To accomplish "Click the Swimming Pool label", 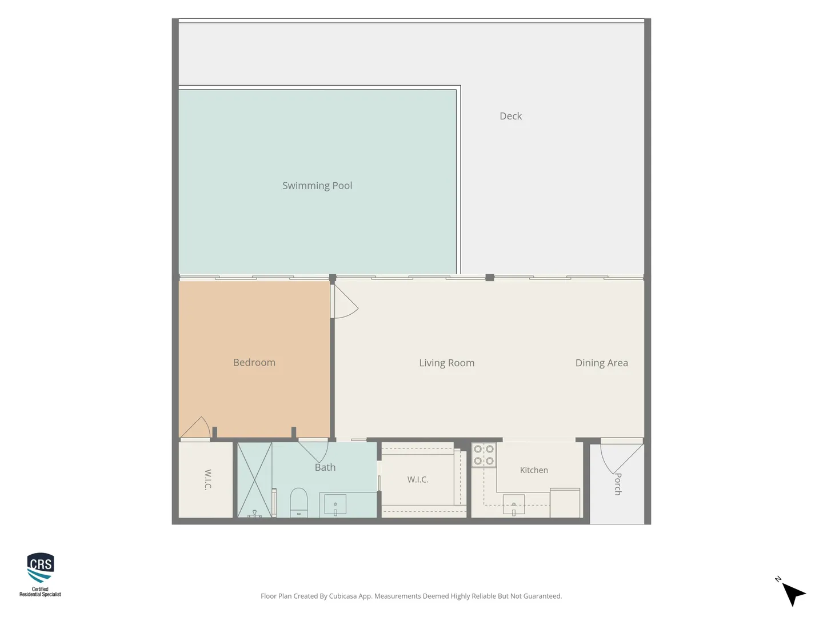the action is coord(317,186).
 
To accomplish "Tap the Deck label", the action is coord(510,116).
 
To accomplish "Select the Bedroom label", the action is coord(254,362).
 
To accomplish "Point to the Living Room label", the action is coord(446,363).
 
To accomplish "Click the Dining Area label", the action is coord(601,363).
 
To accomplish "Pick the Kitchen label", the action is coord(534,470).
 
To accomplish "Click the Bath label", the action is coord(325,467).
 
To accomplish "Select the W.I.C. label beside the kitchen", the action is coord(418,479).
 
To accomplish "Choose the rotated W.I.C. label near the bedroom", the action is coord(208,479).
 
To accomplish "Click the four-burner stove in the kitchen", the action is coord(484,455).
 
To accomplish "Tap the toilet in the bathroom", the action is coord(298,502).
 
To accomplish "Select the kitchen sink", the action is coord(513,504).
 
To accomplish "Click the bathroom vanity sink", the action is coord(335,505).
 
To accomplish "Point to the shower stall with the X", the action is coord(254,480).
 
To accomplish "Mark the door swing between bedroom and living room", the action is coord(345,302).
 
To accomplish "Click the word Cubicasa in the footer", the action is coord(343,596).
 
